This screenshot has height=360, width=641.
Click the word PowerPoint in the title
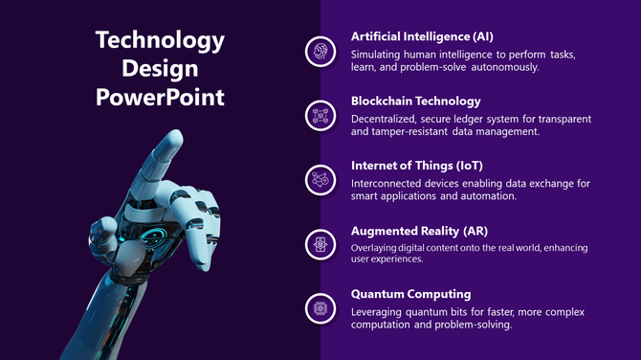(x=160, y=97)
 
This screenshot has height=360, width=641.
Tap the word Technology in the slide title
(x=160, y=40)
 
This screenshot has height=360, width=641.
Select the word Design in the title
(x=160, y=69)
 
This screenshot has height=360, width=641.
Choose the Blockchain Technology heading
(x=415, y=101)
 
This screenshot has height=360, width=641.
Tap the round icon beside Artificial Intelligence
(x=319, y=52)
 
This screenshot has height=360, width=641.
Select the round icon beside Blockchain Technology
(x=319, y=116)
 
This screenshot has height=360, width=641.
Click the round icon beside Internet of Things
(x=319, y=180)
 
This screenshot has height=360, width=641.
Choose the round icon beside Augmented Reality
(x=319, y=244)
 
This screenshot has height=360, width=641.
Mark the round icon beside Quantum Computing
(x=319, y=308)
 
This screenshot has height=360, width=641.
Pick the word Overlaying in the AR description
(x=376, y=248)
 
